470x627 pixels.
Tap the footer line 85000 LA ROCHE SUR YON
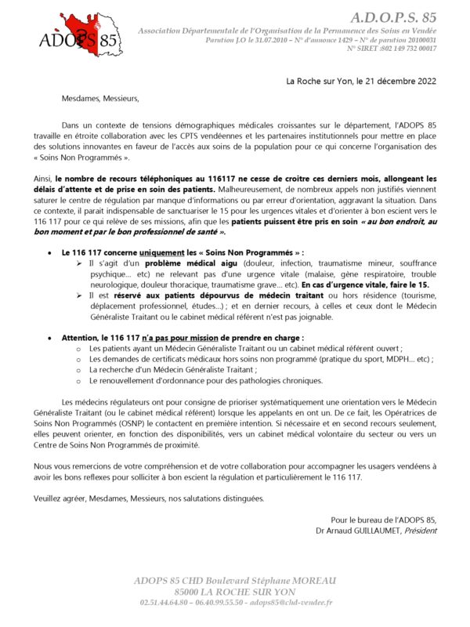tap(235, 591)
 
